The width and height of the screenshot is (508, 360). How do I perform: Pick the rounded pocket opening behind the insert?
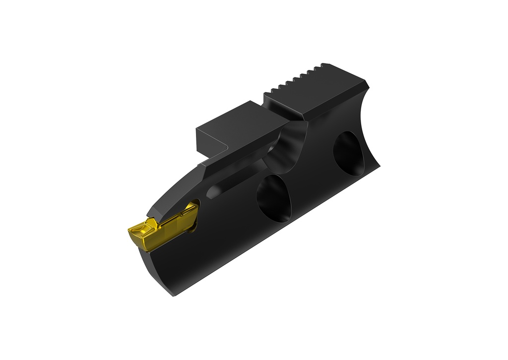pyautogui.click(x=194, y=213)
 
